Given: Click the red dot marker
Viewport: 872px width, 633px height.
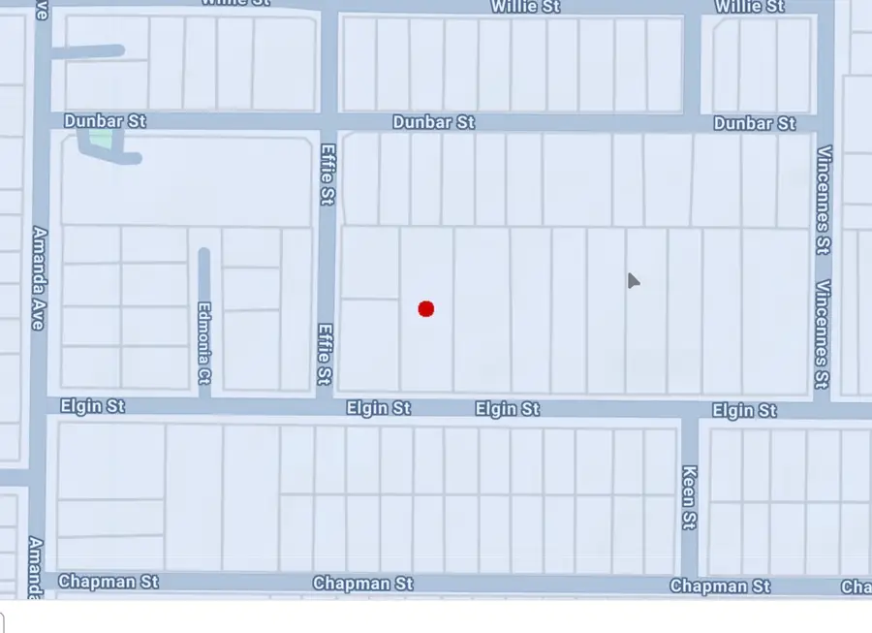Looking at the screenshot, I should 425,308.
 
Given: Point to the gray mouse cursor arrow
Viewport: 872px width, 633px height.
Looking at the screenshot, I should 633,280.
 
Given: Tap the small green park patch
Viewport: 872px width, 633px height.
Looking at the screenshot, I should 100,142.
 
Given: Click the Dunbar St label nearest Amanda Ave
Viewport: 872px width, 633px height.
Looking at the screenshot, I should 105,121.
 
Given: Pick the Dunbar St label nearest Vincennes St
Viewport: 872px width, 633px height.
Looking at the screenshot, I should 754,123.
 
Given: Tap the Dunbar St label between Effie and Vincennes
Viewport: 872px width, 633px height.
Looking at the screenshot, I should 433,122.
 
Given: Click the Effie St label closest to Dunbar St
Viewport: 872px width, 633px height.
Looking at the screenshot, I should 327,174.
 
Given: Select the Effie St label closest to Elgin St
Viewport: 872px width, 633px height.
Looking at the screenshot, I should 325,353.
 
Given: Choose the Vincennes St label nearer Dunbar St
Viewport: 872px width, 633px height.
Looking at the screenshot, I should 825,200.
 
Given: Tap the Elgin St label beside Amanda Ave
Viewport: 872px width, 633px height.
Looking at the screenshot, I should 93,406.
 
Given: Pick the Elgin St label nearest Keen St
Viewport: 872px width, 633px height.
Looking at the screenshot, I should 744,410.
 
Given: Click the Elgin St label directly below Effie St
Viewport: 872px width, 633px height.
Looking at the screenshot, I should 378,408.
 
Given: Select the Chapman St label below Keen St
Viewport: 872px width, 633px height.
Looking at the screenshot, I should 720,586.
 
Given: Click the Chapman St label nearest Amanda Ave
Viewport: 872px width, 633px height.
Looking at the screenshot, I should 108,582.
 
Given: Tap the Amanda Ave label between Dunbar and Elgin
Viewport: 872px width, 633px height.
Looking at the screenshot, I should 40,278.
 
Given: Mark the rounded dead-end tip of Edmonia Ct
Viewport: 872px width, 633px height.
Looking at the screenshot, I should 203,255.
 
